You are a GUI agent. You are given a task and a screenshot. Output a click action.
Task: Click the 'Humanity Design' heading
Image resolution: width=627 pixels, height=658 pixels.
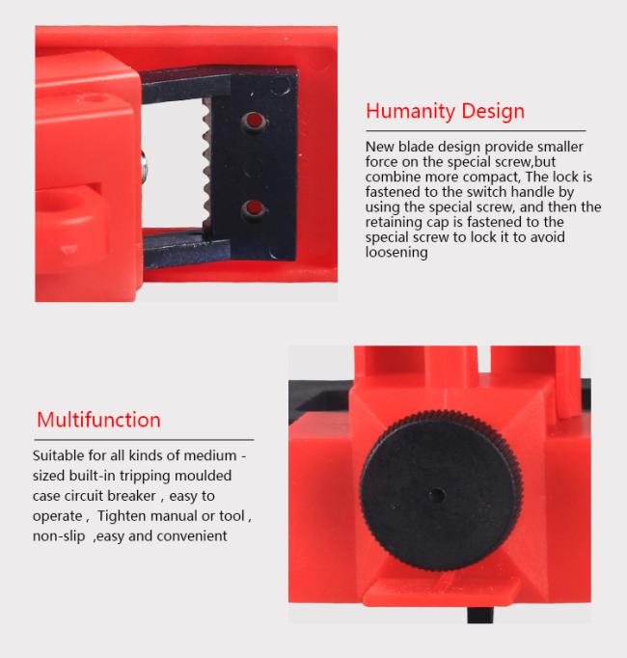click(x=445, y=112)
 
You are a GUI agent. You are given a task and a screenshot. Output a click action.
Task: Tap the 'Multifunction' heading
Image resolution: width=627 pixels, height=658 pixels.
click(x=98, y=420)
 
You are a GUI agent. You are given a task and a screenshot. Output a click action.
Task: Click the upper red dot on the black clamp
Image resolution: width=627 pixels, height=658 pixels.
click(x=254, y=121)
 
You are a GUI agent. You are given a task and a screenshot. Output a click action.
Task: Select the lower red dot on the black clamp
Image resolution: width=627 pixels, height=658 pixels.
click(x=253, y=207)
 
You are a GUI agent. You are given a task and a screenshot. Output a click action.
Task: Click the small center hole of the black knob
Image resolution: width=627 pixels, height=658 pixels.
click(x=437, y=495)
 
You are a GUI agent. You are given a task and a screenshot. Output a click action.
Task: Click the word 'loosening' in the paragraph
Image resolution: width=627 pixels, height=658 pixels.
click(x=396, y=252)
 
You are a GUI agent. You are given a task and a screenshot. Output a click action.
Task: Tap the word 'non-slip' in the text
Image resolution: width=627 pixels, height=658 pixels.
click(x=59, y=535)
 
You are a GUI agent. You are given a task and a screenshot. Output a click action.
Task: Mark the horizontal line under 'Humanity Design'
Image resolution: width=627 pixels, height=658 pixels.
click(x=476, y=131)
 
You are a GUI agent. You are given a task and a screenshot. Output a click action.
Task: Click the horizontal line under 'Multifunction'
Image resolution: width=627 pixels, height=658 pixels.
click(x=144, y=440)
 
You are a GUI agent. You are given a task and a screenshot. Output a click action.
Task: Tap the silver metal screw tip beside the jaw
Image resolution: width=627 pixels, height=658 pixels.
click(x=144, y=167)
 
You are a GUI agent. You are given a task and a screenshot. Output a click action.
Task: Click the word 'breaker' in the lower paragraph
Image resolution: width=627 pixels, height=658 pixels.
click(x=132, y=496)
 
